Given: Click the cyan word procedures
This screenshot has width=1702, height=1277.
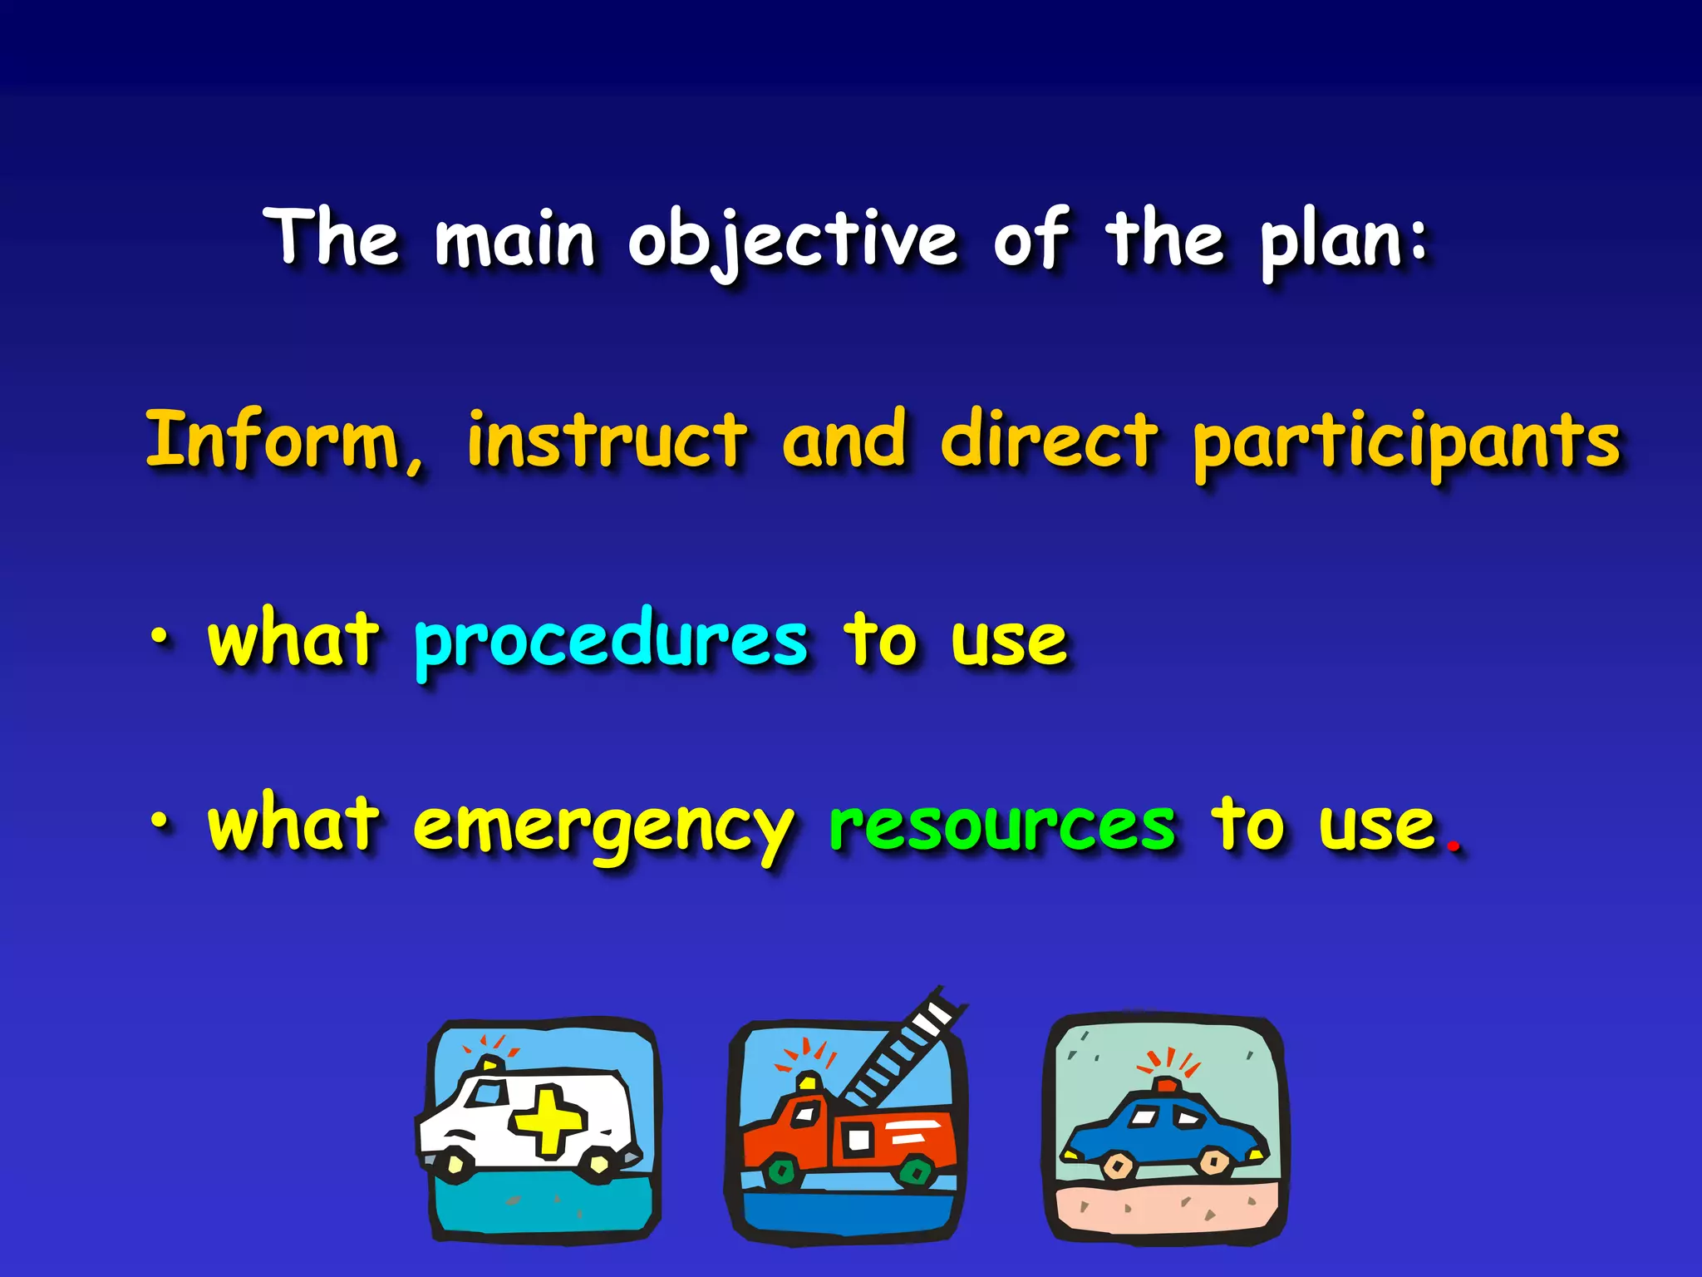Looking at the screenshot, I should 611,642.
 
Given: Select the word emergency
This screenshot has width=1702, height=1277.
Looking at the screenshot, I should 603,828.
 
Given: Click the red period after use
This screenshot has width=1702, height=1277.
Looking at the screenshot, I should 1453,847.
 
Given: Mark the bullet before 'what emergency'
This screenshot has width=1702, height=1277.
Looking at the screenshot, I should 159,822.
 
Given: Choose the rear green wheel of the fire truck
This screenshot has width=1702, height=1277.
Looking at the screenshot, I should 917,1172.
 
